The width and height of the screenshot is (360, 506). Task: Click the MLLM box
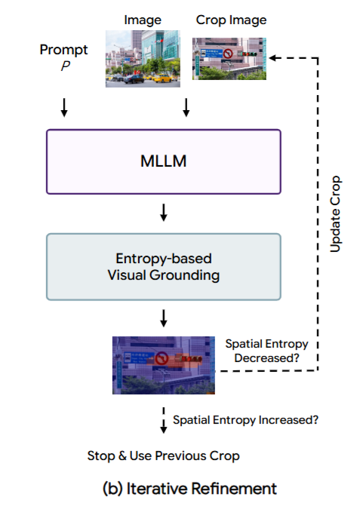coord(164,161)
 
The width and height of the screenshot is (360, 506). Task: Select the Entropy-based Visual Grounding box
coord(164,267)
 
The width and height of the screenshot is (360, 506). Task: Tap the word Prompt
coord(63,50)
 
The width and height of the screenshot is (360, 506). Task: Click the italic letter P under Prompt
coord(66,66)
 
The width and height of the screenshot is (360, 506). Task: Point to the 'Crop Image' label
coord(231,20)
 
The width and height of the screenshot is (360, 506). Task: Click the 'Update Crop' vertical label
coord(335,213)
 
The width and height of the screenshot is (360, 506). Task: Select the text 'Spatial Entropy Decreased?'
coord(266,351)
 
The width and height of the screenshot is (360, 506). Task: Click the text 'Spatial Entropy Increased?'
coord(246,420)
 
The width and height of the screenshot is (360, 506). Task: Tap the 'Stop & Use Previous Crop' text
coord(163,455)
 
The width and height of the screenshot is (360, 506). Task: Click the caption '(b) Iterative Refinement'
coord(189,488)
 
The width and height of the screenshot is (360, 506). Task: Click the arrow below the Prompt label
coord(64,108)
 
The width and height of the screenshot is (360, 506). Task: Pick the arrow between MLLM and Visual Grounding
coord(164,213)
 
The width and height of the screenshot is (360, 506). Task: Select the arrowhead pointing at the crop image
coord(272,58)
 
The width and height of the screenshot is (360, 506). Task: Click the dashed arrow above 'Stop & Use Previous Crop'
coord(164,420)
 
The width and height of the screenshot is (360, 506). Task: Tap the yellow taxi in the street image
coord(162,78)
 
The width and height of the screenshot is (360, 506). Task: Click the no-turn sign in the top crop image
coord(228,54)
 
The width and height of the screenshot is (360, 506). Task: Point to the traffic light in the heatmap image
coord(190,358)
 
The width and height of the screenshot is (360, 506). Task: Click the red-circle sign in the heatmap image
coord(162,358)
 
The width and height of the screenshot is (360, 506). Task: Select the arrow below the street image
coord(186,108)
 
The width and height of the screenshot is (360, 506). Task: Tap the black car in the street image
coord(134,78)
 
